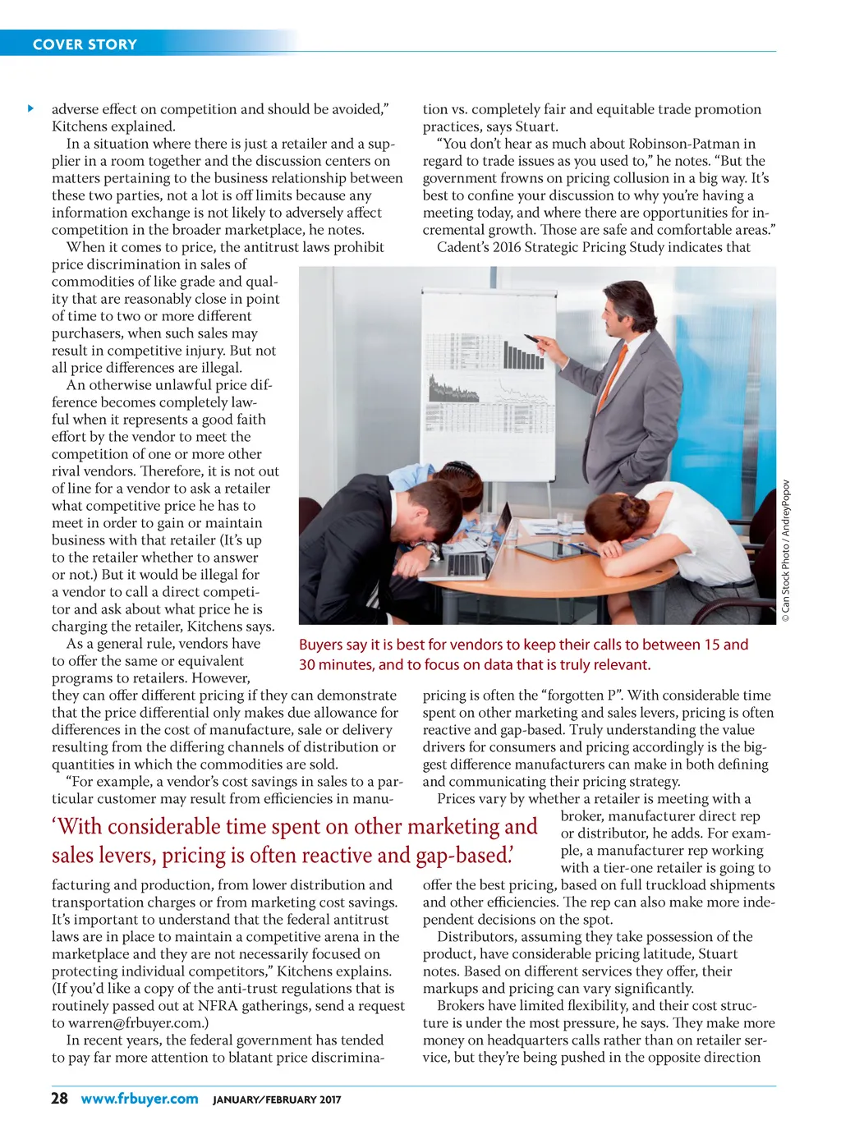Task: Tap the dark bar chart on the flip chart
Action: point(522,356)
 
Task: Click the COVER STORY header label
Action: point(85,44)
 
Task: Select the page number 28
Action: point(59,1099)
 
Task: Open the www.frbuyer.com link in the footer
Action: point(140,1099)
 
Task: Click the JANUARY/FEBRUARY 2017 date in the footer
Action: point(277,1100)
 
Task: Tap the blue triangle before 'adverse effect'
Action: point(31,108)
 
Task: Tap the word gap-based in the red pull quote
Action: point(464,855)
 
